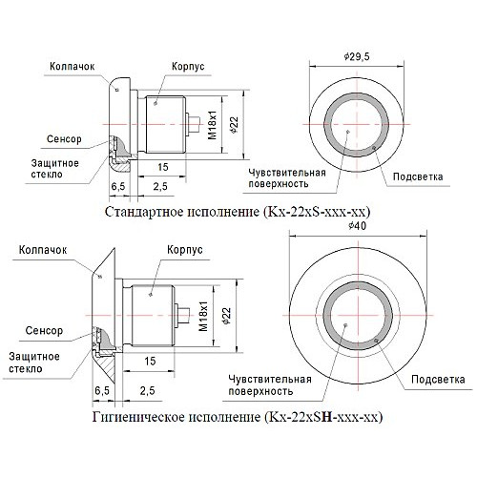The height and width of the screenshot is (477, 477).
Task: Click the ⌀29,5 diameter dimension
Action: [357, 57]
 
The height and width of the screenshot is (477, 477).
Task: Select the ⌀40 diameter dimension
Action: [357, 226]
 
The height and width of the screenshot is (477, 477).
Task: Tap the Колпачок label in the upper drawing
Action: [73, 66]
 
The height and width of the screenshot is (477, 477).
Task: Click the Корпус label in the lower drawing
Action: [185, 249]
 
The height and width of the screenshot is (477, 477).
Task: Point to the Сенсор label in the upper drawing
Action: [64, 139]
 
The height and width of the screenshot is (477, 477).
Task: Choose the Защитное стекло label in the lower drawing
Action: [34, 363]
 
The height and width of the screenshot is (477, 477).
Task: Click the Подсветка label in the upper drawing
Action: [418, 176]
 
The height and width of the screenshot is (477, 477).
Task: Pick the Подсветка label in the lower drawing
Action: [438, 379]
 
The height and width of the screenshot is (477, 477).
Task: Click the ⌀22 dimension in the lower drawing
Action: [227, 316]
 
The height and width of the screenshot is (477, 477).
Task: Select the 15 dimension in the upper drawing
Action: [163, 167]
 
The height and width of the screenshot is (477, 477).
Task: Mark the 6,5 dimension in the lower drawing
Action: [102, 390]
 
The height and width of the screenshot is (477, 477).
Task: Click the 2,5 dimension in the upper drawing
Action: [160, 186]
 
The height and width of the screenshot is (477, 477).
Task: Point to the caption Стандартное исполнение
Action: [181, 212]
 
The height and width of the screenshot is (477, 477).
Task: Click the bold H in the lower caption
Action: [326, 417]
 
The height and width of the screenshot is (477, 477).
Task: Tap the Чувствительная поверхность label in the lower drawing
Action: [270, 384]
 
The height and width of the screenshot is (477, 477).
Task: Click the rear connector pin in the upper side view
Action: [193, 124]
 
